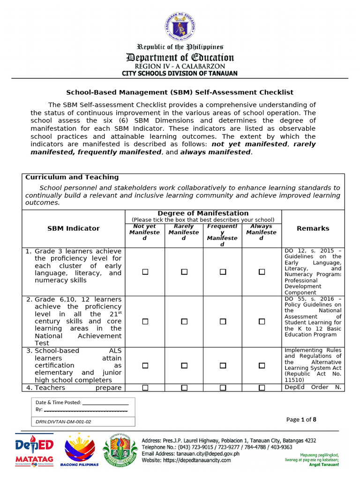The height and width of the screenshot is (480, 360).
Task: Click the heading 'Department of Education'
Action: (x=180, y=58)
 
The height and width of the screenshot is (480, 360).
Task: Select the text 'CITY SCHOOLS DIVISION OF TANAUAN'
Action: (x=180, y=74)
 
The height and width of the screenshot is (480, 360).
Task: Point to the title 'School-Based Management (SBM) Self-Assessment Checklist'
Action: (x=180, y=92)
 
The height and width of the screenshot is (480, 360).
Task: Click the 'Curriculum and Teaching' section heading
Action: (x=72, y=177)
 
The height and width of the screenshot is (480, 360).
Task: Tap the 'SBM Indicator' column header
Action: (x=74, y=228)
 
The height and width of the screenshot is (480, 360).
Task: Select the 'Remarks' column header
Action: (x=313, y=228)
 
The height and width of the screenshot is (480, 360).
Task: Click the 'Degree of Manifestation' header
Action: (x=203, y=213)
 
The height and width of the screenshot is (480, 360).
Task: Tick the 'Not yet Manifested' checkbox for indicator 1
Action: (x=145, y=272)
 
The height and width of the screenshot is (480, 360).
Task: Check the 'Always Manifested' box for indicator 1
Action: (x=262, y=272)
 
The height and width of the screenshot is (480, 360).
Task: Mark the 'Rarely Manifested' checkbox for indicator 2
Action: (x=184, y=322)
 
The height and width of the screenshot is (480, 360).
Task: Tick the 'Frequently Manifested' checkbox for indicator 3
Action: (x=223, y=365)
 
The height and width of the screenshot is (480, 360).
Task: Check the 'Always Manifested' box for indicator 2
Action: (x=262, y=322)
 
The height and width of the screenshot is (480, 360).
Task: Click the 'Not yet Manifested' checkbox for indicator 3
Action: (x=145, y=365)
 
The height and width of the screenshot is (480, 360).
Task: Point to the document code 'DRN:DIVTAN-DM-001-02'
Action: (x=63, y=421)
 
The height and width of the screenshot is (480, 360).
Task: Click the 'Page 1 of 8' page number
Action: (x=301, y=420)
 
